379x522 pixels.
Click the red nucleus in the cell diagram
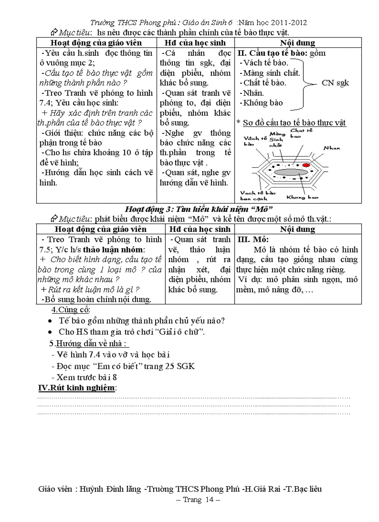pyautogui.click(x=306, y=165)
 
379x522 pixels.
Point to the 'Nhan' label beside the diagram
pyautogui.click(x=332, y=148)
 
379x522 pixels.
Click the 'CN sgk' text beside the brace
pyautogui.click(x=335, y=83)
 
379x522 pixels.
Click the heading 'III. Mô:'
pyautogui.click(x=253, y=240)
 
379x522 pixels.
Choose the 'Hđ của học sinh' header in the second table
pyautogui.click(x=200, y=229)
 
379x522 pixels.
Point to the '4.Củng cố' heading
pyautogui.click(x=71, y=310)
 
